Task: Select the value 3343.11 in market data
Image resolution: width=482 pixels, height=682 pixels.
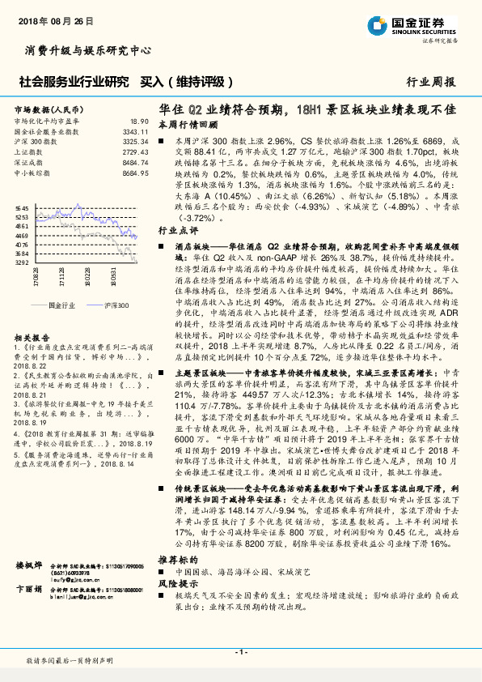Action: coord(135,130)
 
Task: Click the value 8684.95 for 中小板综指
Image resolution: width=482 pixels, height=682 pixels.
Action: coord(135,173)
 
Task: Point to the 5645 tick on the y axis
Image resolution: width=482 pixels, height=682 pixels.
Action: coord(22,209)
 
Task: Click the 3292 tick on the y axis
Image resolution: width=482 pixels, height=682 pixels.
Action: coord(22,262)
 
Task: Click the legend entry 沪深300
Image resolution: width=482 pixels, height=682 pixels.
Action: coord(116,305)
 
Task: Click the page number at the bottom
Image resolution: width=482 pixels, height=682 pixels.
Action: coord(240,652)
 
